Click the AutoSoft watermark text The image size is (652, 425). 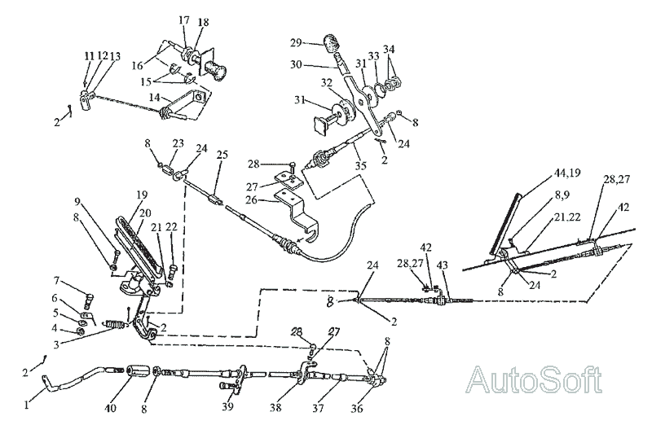(x=535, y=379)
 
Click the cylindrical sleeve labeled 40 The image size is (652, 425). (x=137, y=371)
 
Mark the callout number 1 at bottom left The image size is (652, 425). (x=28, y=404)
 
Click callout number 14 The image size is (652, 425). (x=154, y=98)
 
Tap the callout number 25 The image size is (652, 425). (x=222, y=156)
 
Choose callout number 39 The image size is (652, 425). (x=228, y=406)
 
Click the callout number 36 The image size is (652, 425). (x=357, y=409)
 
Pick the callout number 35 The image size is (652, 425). (x=360, y=165)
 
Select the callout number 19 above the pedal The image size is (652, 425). (x=142, y=195)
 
